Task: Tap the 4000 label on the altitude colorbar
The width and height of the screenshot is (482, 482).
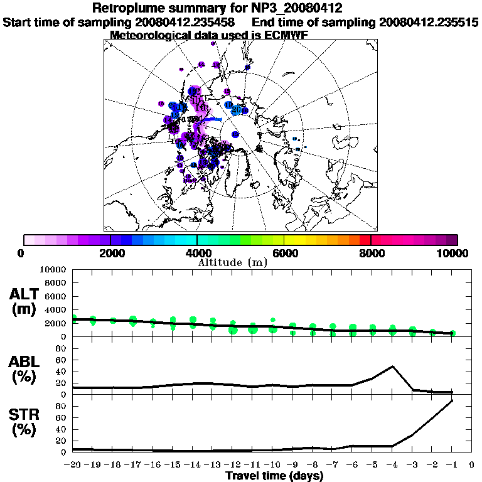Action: [197, 253]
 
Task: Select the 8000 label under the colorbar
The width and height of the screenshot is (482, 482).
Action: [371, 253]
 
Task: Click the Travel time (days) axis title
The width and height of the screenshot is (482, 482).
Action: [274, 476]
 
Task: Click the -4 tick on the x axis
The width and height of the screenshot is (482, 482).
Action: [392, 465]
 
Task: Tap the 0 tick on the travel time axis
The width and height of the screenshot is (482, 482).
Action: [472, 465]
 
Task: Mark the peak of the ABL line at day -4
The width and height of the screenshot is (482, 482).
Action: [392, 367]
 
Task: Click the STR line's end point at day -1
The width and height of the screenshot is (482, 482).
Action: [452, 400]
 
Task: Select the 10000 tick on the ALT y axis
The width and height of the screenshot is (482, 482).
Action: [53, 270]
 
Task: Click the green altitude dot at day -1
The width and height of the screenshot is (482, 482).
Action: [452, 333]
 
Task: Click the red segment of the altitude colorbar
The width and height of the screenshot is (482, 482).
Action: [365, 239]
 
